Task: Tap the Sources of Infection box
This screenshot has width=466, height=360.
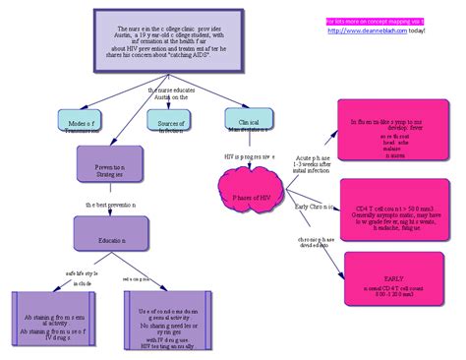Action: pos(164,122)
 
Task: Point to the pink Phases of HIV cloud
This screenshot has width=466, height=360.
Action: pos(257,198)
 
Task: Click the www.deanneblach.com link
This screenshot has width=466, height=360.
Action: pos(378,29)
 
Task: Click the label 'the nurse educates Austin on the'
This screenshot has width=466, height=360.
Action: pos(168,93)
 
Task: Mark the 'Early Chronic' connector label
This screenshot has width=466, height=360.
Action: pos(317,207)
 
